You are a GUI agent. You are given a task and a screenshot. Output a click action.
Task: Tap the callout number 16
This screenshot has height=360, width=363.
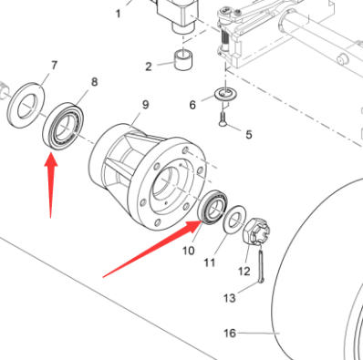coord(230,334)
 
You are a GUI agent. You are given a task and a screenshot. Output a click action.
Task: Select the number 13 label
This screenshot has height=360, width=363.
coord(230,297)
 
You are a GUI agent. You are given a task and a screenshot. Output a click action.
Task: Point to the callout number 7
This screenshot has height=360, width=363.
coord(52,66)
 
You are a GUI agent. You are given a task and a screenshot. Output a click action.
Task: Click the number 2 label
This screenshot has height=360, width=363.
coord(149,67)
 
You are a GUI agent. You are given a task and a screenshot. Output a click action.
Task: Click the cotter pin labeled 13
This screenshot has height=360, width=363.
coord(262,271)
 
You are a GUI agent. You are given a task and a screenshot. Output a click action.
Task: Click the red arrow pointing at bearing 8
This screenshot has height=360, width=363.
coord(51,182)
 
